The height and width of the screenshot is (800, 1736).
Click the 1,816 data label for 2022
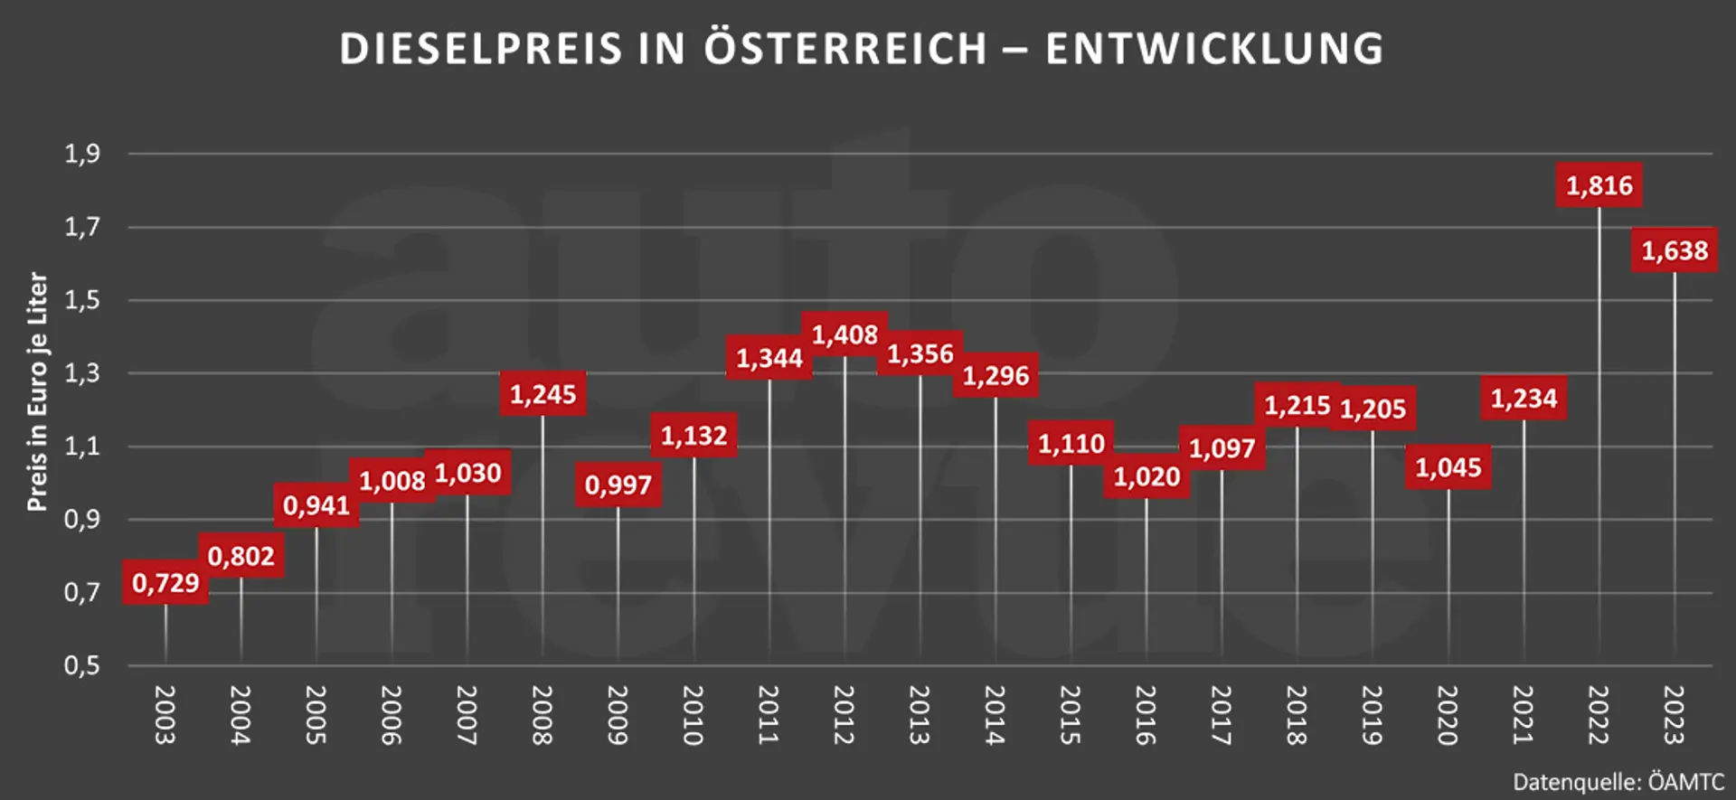1599,185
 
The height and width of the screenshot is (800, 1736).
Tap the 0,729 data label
165,582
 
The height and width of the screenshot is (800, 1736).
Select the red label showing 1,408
844,334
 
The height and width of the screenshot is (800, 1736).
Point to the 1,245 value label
542,394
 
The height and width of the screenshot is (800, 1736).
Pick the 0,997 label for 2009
618,485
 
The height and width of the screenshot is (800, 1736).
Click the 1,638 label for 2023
1675,250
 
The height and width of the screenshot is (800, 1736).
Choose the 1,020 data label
1146,476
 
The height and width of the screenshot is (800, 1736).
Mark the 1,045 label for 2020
1448,467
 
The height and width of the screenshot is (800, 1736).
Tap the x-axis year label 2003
165,714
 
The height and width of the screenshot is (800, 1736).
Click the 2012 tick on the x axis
844,714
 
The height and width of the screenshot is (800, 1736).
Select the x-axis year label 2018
1297,714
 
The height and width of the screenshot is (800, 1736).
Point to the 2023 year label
1675,714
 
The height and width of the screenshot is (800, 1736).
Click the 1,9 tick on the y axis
82,154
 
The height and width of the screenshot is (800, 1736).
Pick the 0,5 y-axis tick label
82,666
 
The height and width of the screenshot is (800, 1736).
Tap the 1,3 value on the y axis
82,372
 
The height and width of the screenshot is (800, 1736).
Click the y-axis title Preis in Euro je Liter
37,391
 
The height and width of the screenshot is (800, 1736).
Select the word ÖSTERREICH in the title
845,49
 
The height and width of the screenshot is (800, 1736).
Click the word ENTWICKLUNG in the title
1214,49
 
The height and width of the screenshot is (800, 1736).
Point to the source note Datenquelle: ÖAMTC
1618,782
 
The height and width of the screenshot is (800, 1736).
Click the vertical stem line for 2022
1599,434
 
